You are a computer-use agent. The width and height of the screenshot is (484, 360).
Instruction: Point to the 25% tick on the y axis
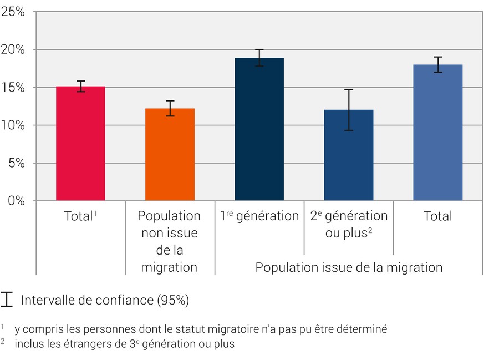(x=14, y=12)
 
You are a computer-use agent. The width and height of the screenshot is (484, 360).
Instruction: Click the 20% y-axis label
(x=14, y=49)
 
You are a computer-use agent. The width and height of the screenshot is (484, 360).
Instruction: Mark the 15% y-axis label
(x=14, y=87)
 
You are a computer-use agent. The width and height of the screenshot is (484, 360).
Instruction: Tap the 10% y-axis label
(x=14, y=125)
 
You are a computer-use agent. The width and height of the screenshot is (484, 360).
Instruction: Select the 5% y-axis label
(x=16, y=163)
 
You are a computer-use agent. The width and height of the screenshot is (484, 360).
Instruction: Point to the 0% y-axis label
(x=16, y=200)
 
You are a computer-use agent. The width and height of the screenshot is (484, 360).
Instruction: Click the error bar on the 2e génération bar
(x=348, y=110)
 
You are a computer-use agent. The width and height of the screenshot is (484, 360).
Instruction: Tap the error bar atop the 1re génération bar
(x=259, y=58)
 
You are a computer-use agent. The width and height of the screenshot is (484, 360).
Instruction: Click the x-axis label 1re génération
(x=259, y=216)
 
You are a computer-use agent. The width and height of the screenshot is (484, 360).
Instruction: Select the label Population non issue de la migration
(x=169, y=241)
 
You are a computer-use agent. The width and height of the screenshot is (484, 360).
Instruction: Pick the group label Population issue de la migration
(x=349, y=267)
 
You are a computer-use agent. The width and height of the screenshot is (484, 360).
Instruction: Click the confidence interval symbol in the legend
(x=7, y=300)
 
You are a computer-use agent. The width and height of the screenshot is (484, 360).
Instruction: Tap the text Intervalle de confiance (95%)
(x=105, y=300)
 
